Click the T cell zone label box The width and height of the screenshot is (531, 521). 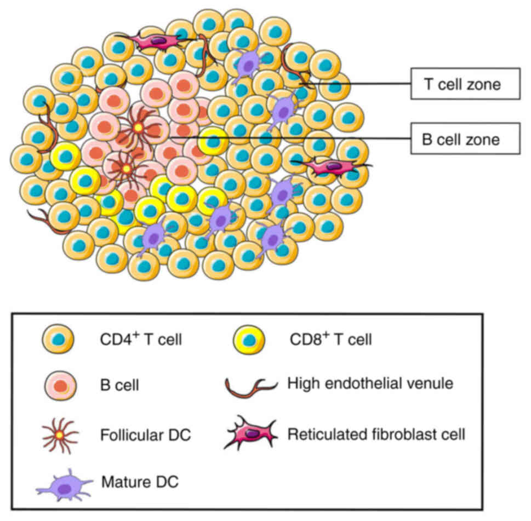(x=464, y=84)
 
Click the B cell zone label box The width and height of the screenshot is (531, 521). (x=464, y=138)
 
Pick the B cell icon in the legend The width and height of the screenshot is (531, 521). (x=60, y=385)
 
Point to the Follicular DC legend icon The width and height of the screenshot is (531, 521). (x=60, y=435)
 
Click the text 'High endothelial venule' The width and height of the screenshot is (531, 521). (x=370, y=384)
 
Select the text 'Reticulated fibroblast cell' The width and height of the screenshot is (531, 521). (x=376, y=435)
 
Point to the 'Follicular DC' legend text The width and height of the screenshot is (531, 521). (x=145, y=436)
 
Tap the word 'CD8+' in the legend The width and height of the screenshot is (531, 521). (x=307, y=340)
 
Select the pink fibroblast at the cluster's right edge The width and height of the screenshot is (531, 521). (x=332, y=165)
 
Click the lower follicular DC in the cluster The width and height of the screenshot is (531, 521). (x=126, y=168)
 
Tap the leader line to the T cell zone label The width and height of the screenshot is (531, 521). (x=362, y=84)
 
